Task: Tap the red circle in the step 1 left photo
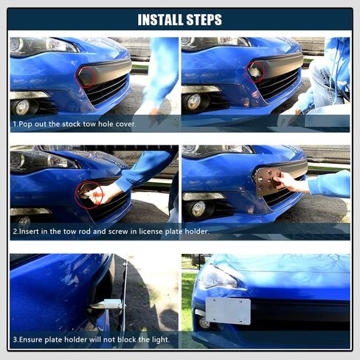(87, 76)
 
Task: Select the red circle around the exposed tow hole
(255, 72)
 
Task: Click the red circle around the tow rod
(88, 195)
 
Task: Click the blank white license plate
(227, 311)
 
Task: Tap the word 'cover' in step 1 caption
(125, 124)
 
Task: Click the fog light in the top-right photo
(195, 101)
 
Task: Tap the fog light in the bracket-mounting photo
(198, 209)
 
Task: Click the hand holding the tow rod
(108, 193)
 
